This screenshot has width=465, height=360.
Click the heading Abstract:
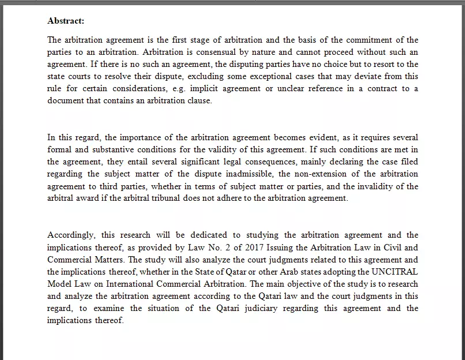66,21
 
